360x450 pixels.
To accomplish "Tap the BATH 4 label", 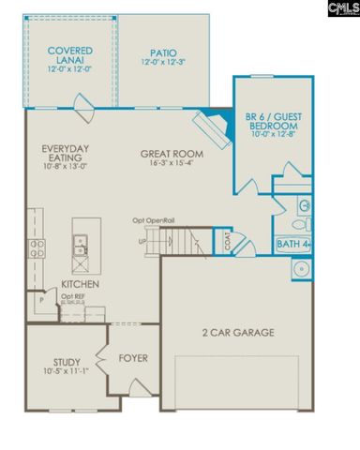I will pyautogui.click(x=292, y=246).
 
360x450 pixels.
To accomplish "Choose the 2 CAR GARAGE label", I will pyautogui.click(x=238, y=332).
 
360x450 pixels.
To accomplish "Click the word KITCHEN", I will pyautogui.click(x=82, y=284).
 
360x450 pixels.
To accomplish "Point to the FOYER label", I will pyautogui.click(x=134, y=357).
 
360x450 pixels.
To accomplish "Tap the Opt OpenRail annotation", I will pyautogui.click(x=154, y=221).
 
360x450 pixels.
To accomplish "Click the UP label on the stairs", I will pyautogui.click(x=143, y=241).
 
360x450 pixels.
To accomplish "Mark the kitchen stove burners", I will pyautogui.click(x=37, y=248).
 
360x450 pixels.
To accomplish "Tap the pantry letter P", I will pyautogui.click(x=40, y=304).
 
